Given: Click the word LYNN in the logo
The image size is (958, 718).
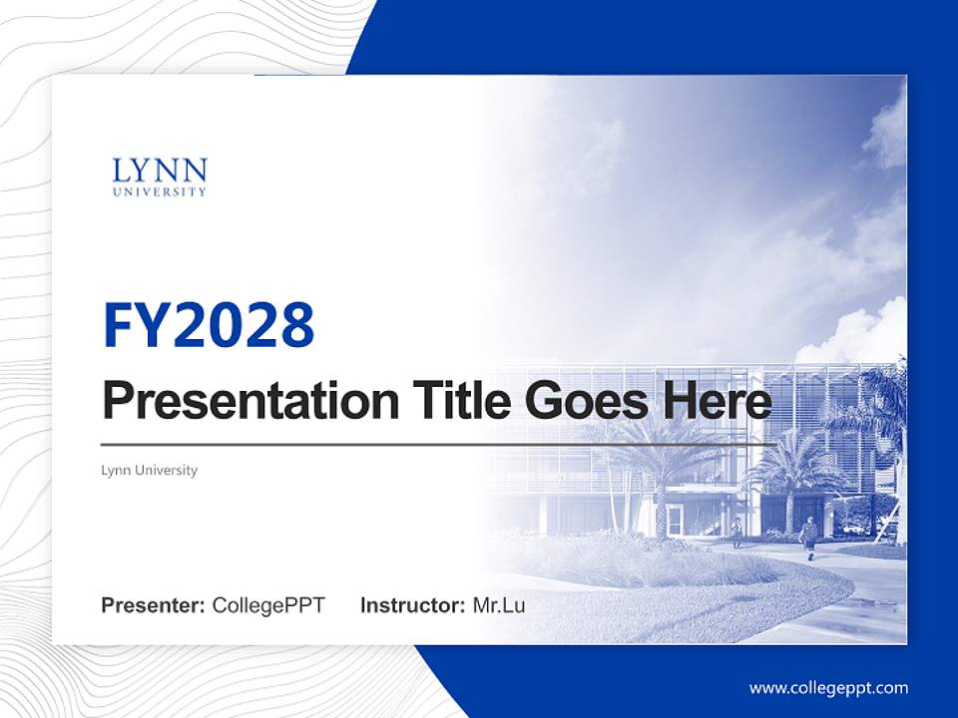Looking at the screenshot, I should tap(160, 171).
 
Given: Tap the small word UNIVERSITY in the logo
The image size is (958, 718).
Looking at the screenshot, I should tap(160, 191).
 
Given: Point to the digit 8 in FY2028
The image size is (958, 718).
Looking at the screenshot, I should tap(296, 325).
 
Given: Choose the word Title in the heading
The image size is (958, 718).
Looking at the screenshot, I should tap(451, 400).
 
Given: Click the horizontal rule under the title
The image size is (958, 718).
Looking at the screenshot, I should tap(439, 444).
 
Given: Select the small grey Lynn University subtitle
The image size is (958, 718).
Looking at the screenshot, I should tap(150, 471).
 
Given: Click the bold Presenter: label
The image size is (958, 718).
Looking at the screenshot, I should tap(154, 605).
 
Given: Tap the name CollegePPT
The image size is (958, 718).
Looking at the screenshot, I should tap(268, 605).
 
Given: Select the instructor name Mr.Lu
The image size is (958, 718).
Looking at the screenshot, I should tap(498, 605).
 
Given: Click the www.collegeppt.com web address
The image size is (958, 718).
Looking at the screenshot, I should tap(828, 688).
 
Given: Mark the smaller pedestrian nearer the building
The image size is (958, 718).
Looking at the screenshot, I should tap(737, 532).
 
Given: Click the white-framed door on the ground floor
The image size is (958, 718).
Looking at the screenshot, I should tap(677, 520).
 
